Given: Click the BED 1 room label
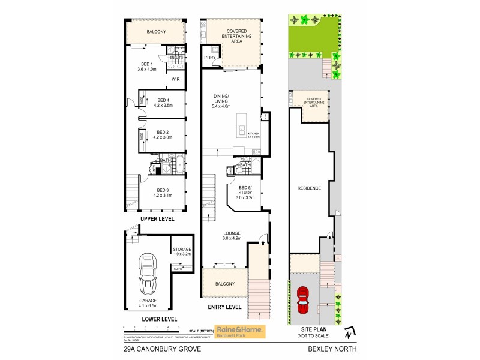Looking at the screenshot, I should [147, 64].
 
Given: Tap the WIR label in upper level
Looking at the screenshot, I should [176, 79].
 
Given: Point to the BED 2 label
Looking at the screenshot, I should [163, 132].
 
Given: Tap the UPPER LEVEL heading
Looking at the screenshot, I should [157, 219].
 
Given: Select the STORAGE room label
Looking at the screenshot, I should [182, 249].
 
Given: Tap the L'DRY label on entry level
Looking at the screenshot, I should [209, 58].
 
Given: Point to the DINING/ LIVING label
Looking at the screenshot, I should [222, 98].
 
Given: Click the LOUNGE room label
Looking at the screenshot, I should [232, 232].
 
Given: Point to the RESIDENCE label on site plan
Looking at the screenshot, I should [309, 188].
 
